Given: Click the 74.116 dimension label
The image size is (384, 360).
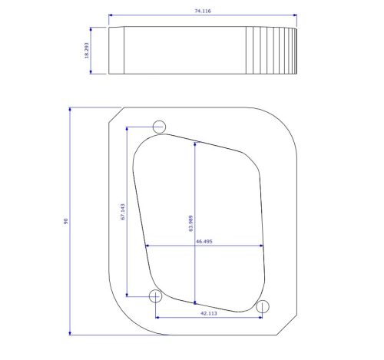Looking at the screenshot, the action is click(x=203, y=11).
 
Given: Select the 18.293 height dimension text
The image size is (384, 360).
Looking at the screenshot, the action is click(x=87, y=51).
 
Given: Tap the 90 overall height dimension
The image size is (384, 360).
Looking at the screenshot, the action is click(x=66, y=221).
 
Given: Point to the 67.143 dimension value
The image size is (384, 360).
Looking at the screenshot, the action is click(x=123, y=212).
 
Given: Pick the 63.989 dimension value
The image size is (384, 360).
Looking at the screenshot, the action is click(x=190, y=223).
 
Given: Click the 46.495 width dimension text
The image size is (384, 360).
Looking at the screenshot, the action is click(x=204, y=241).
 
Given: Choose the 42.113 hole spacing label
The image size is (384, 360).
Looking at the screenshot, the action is click(x=209, y=313).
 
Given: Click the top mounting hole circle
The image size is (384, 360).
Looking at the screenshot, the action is click(x=159, y=121).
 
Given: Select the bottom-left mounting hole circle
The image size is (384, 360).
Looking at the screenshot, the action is click(x=155, y=290).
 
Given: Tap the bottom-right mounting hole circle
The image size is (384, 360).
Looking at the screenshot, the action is click(x=263, y=300).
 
